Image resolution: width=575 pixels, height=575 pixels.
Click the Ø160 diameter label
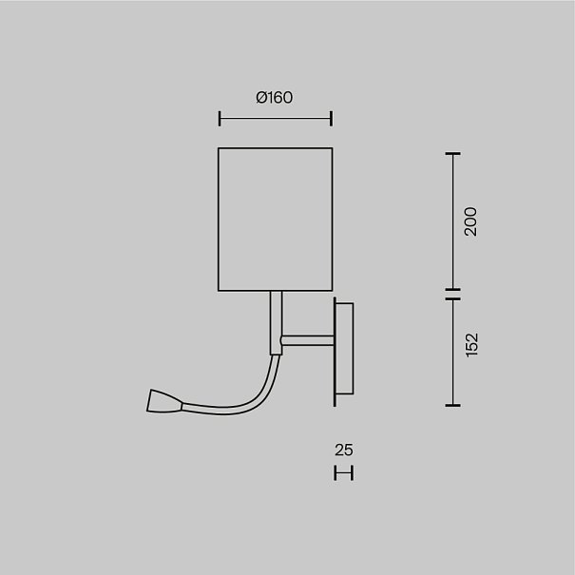(x=275, y=98)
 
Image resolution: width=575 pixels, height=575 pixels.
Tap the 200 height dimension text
(x=470, y=221)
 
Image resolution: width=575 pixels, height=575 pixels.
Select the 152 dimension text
(x=471, y=345)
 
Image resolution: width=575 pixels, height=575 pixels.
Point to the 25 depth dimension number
(x=344, y=450)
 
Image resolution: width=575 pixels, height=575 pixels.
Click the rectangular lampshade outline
(x=219, y=220)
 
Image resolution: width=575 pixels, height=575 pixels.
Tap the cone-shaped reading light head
(x=164, y=401)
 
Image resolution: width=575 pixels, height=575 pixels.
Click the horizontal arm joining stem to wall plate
(x=307, y=340)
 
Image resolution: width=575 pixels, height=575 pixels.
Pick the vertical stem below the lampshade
(x=277, y=323)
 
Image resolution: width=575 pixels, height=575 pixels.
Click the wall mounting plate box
(x=345, y=349)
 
